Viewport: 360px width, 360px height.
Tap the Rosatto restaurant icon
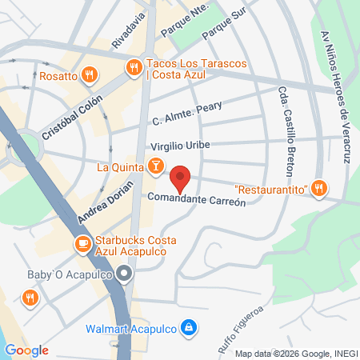tap(88, 76)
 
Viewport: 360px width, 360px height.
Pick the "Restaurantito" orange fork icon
tap(319, 189)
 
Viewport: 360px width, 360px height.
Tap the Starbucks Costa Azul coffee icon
tap(82, 244)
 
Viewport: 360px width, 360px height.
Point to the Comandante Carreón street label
tap(196, 198)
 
